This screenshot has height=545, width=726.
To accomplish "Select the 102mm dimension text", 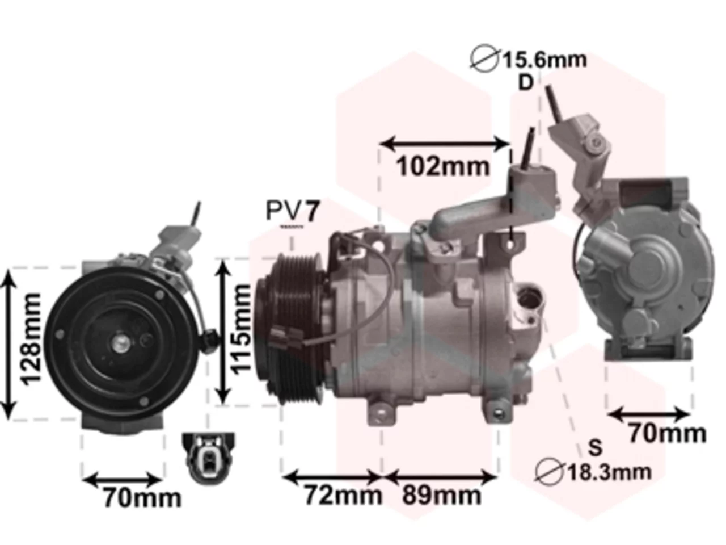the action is coord(442,166).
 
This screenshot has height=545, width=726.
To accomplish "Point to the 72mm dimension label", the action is coord(343,495).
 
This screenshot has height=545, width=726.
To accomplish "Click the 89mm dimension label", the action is coord(441,495).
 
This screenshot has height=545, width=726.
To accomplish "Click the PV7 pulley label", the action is coord(292,211).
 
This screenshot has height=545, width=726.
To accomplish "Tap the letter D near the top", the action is coord(526,83).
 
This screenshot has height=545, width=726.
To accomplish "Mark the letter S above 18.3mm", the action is coord(596,448).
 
